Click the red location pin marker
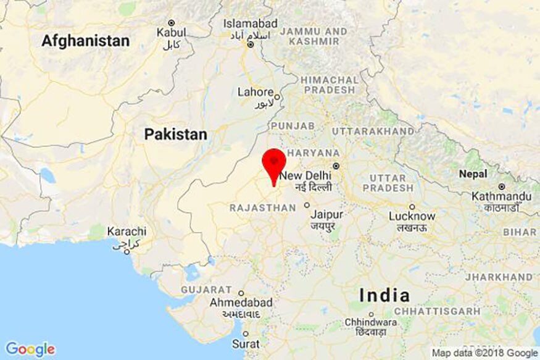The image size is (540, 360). (274, 162)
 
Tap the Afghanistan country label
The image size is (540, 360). (86, 41)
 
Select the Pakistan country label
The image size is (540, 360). (175, 134)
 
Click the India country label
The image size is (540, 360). (384, 295)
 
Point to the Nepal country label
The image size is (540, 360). (473, 174)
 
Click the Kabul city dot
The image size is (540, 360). (172, 22)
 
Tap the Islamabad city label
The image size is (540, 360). (251, 23)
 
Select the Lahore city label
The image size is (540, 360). (255, 92)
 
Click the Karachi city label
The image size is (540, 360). (127, 232)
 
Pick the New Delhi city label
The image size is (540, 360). (306, 176)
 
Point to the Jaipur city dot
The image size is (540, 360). (307, 205)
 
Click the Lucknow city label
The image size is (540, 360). (412, 217)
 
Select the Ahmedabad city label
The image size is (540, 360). (241, 303)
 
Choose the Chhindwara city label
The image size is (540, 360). (372, 322)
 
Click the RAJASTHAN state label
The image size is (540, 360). (262, 208)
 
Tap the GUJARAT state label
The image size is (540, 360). (206, 290)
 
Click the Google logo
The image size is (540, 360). (30, 350)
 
